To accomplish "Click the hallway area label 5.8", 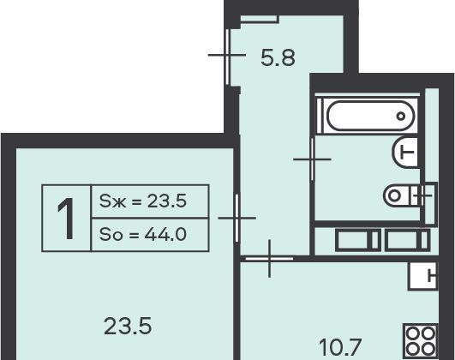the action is [278, 57].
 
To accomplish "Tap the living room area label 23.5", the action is [128, 326].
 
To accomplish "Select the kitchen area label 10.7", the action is [340, 347].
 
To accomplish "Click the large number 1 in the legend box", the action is [66, 219].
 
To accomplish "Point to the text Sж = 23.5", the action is [143, 201].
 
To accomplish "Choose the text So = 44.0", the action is [143, 234].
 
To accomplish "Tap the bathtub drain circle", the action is [401, 116].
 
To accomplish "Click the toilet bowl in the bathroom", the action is [398, 195].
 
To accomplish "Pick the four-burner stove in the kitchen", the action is [421, 340].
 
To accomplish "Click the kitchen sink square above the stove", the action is [422, 276].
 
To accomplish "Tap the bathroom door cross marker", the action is [312, 159].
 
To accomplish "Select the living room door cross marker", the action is [237, 218].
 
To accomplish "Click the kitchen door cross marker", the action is [270, 258].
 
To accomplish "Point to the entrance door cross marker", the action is [227, 55].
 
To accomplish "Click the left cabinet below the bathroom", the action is [358, 240].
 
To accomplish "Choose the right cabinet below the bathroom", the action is [408, 240].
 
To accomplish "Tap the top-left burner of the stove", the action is [413, 333].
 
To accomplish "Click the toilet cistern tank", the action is [424, 195].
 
